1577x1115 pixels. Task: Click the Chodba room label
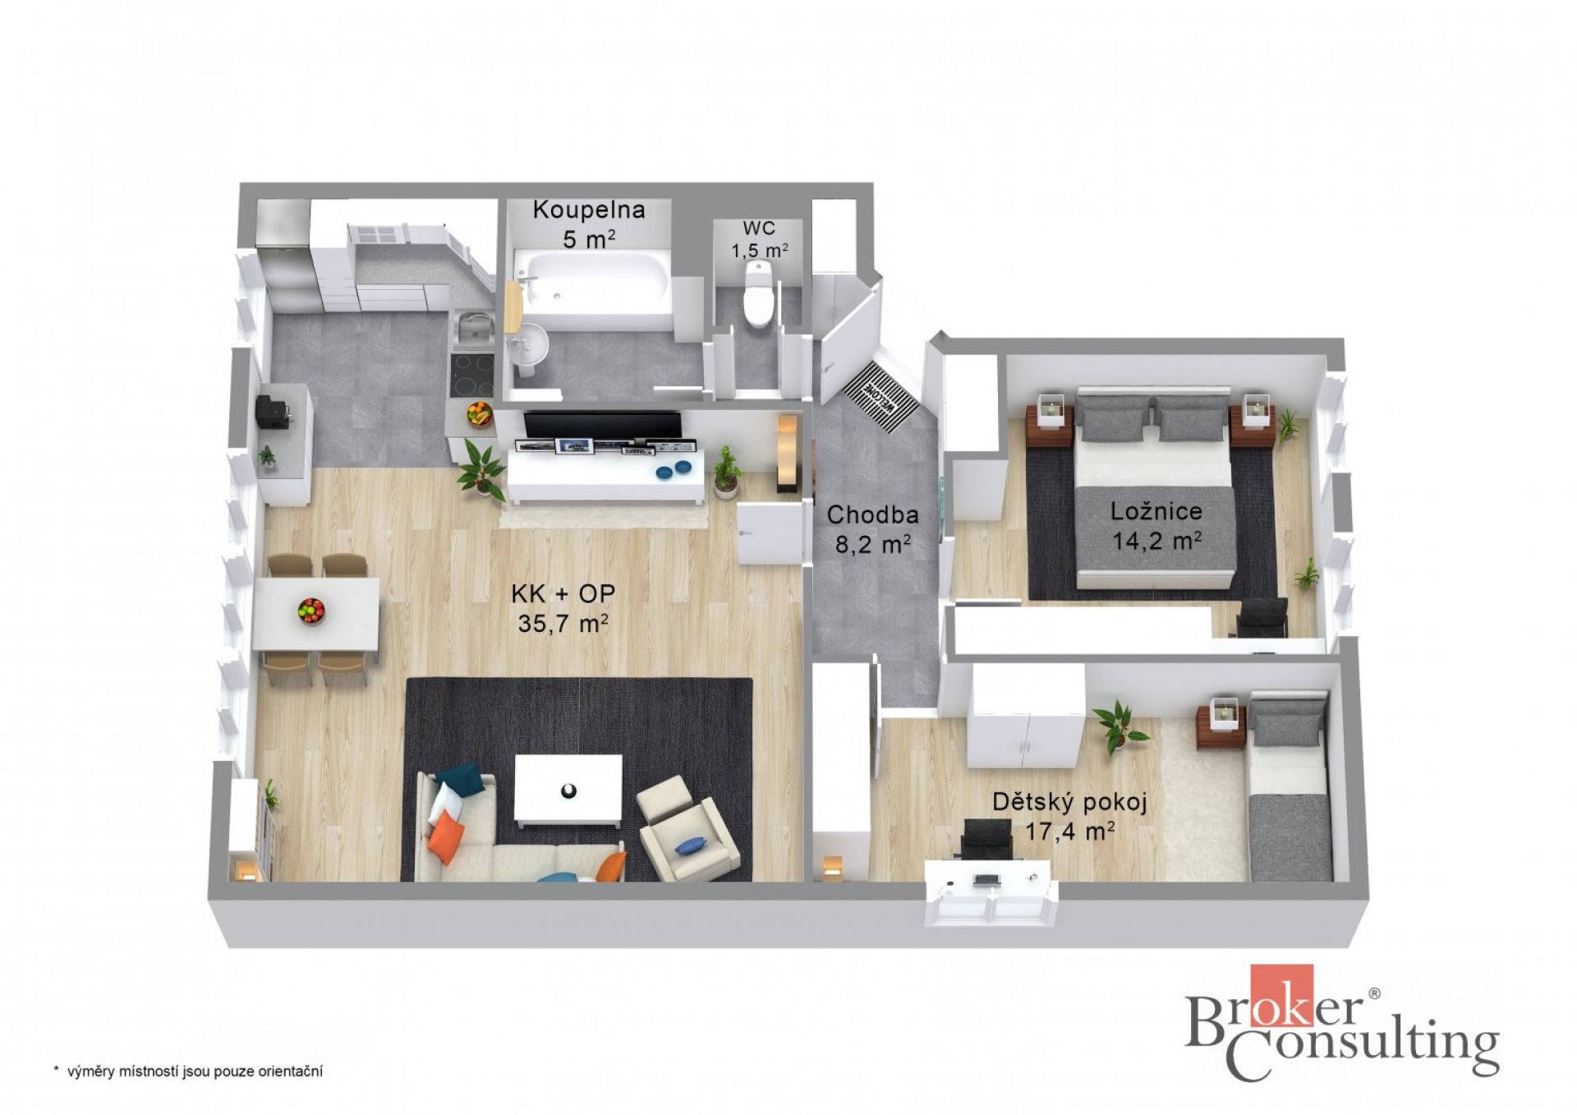(872, 514)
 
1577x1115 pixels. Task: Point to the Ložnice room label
(1156, 511)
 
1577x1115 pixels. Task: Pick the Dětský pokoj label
(1069, 801)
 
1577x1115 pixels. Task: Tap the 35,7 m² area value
(563, 624)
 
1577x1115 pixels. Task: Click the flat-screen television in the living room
(602, 426)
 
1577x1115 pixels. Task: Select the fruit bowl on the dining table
(311, 610)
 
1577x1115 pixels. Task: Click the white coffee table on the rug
(568, 790)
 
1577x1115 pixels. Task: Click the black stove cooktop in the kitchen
(473, 375)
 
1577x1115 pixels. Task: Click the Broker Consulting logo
(1342, 1022)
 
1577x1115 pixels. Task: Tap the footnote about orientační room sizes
(188, 1071)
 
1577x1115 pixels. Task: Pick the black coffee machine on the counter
(274, 411)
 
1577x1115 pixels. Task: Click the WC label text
(759, 228)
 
